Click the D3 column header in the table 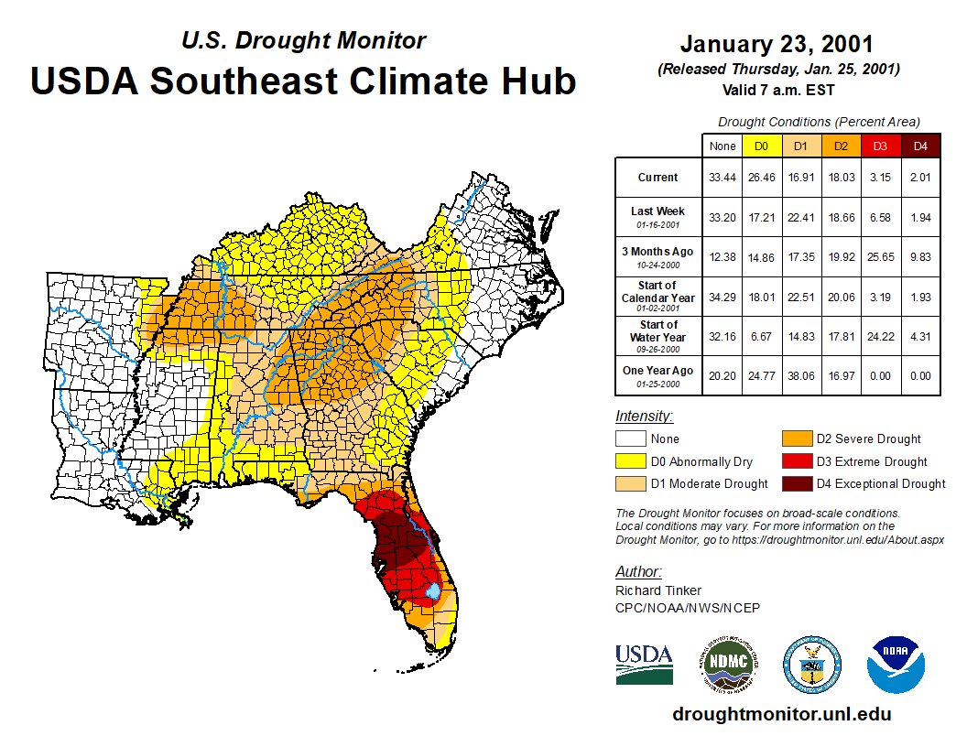click(880, 146)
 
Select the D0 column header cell click(761, 146)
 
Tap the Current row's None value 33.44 click(722, 178)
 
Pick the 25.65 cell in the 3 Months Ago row click(880, 258)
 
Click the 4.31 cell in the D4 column click(920, 336)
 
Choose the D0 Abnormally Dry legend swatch click(630, 461)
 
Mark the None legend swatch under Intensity click(630, 438)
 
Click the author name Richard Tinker click(658, 590)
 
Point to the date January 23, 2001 click(777, 45)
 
